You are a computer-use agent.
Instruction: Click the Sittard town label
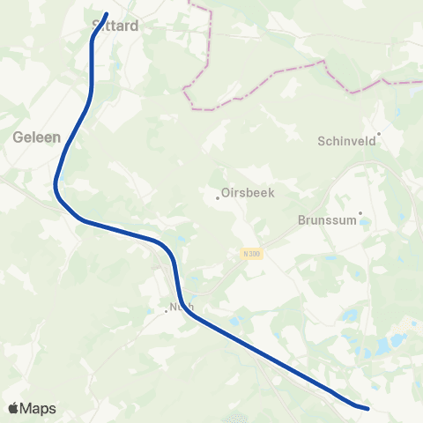pos(115,26)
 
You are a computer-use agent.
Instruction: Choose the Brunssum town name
pos(327,220)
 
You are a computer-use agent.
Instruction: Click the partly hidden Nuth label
pos(181,308)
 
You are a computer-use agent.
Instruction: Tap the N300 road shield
pos(252,254)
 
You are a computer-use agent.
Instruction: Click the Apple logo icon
pos(13,408)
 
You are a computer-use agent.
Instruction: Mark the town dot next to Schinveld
pos(378,135)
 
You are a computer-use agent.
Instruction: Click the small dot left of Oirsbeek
pos(218,197)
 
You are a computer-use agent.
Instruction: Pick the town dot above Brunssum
pos(360,211)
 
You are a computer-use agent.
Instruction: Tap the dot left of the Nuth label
pos(166,310)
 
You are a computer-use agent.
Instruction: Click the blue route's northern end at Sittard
pos(106,14)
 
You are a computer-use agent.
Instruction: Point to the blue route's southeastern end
pos(367,408)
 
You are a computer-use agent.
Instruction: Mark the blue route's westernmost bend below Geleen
pos(56,184)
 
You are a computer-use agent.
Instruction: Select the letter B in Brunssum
pos(302,220)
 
